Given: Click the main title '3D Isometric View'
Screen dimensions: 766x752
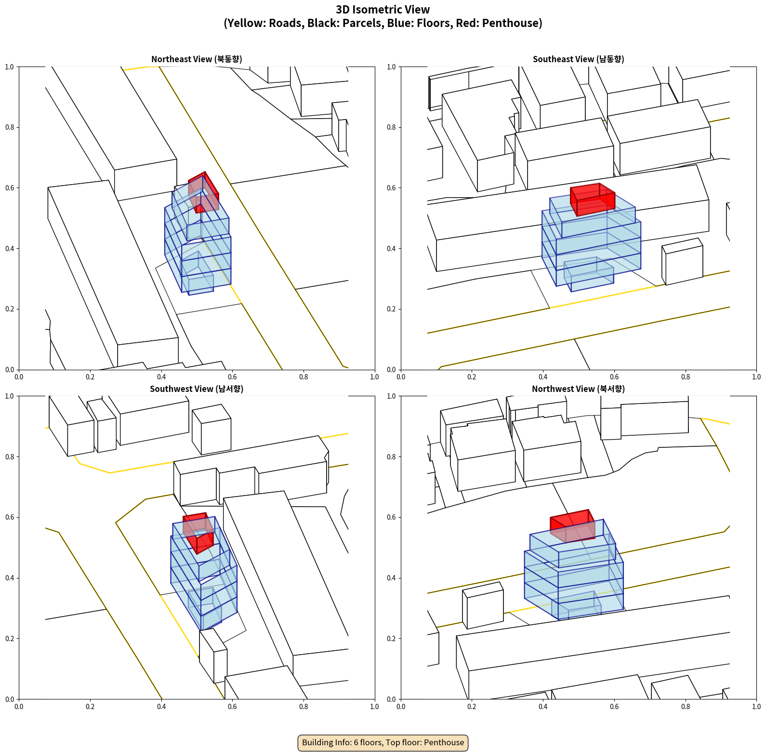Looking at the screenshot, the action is click(383, 10).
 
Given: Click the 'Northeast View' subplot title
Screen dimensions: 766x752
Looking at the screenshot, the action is click(197, 59).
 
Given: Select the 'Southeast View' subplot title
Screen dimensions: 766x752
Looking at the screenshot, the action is click(578, 59).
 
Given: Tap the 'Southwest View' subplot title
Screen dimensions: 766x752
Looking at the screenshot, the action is click(197, 389).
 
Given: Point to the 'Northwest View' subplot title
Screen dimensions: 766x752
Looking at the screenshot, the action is click(578, 389).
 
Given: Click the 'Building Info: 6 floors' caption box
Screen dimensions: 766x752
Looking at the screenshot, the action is click(383, 742).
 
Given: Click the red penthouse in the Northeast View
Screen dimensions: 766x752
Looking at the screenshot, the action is click(204, 192).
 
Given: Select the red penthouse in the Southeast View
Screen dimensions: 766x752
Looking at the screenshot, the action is click(593, 200).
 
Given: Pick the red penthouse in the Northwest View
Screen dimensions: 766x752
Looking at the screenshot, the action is click(572, 526).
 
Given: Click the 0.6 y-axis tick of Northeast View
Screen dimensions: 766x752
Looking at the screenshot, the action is click(10, 188).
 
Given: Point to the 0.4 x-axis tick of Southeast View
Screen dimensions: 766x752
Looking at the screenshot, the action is click(543, 377).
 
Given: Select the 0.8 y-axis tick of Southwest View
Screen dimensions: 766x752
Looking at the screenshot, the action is click(10, 457).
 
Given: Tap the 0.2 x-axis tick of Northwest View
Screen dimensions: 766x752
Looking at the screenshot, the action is click(472, 707).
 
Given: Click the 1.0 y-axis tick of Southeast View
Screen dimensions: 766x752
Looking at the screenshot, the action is click(392, 67).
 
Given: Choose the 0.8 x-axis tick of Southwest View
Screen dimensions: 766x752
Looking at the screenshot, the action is click(304, 707).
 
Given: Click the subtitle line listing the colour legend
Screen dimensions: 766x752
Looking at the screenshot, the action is click(383, 23).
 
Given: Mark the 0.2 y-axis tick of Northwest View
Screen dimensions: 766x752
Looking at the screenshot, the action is click(392, 639).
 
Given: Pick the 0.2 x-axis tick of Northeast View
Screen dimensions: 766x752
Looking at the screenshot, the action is click(90, 377).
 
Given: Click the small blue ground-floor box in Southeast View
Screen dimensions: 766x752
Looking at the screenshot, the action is click(589, 274).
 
